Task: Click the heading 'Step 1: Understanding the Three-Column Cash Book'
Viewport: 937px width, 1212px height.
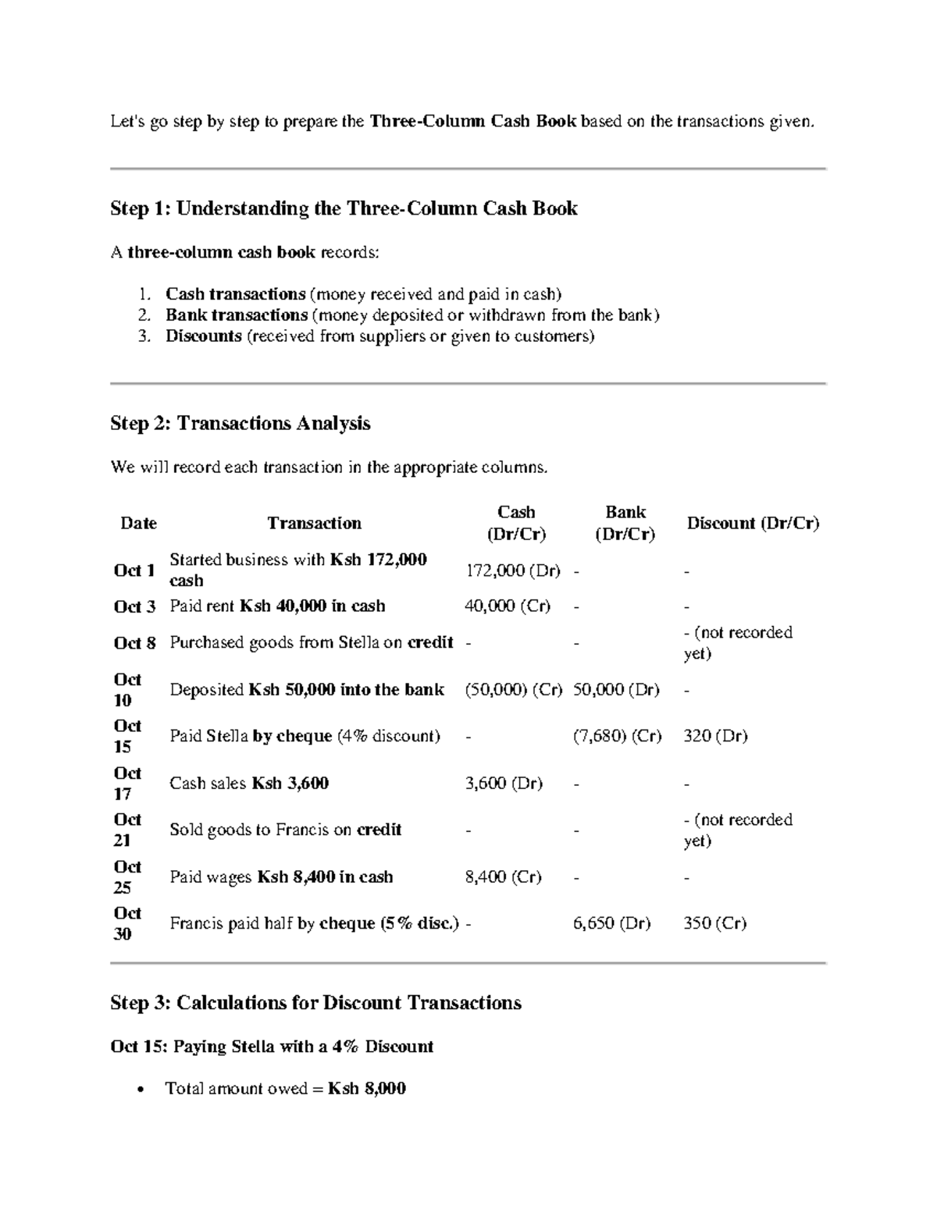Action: pos(344,208)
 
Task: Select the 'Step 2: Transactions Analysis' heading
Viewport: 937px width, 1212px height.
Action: pos(240,423)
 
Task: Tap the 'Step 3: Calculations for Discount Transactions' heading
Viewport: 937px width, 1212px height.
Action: pos(315,1003)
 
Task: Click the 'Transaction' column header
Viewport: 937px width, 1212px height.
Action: pos(314,523)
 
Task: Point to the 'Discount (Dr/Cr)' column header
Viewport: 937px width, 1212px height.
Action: pos(753,523)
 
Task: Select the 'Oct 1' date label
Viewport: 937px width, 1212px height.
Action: pos(134,570)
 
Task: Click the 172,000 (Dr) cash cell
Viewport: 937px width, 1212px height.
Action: pos(513,570)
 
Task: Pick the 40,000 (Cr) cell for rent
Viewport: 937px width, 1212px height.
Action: pos(508,606)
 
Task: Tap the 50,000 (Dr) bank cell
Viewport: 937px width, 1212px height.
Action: pos(616,690)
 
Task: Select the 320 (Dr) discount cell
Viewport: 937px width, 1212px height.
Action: pos(715,736)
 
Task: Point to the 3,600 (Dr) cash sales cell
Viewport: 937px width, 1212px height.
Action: pos(504,784)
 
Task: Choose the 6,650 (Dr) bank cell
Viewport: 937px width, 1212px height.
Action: pos(611,924)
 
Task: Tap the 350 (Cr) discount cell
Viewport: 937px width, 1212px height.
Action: pos(714,924)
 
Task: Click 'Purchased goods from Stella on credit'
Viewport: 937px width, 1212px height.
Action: pos(312,642)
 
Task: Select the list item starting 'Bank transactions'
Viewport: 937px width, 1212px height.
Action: pos(412,315)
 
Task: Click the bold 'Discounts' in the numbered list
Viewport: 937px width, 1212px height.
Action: pos(203,336)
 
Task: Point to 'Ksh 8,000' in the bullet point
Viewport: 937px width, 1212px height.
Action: pos(367,1089)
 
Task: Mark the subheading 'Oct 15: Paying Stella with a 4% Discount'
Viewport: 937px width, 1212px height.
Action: pos(272,1047)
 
